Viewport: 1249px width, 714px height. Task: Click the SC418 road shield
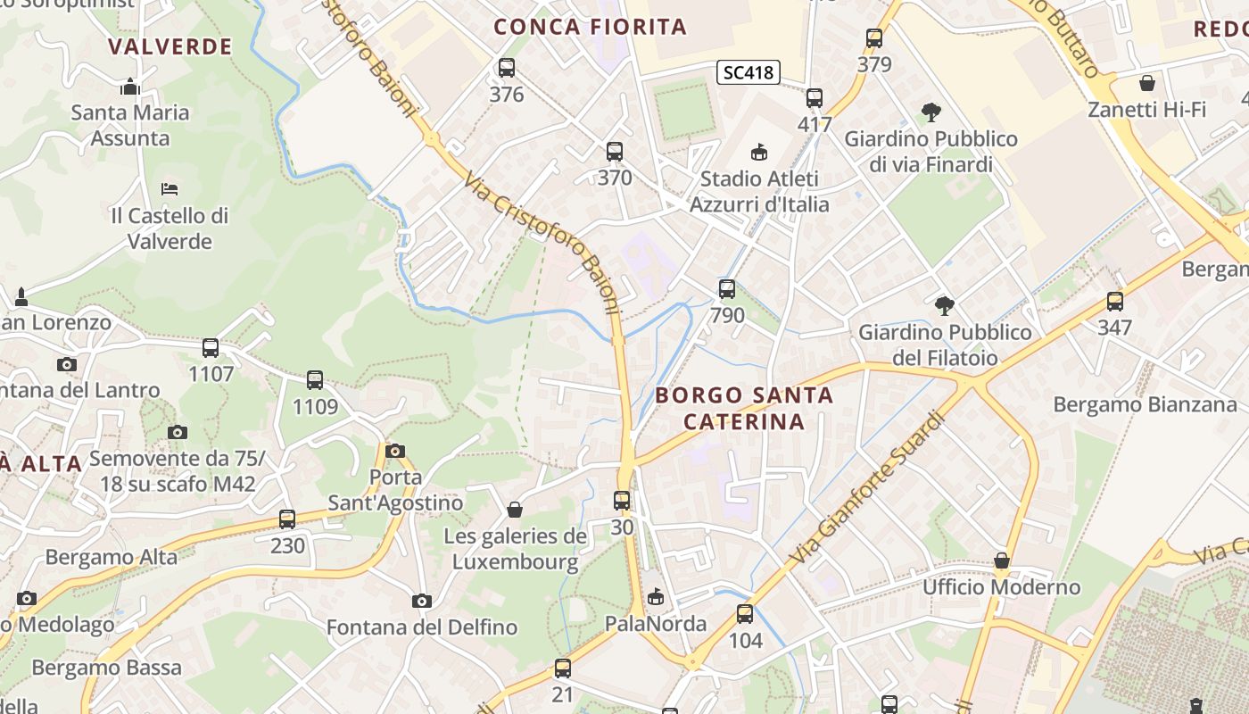(748, 72)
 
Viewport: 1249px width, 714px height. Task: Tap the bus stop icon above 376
(507, 68)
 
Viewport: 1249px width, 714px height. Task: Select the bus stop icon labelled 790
(727, 289)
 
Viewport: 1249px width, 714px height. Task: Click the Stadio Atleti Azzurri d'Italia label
(759, 191)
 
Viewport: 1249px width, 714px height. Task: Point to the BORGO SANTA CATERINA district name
(744, 408)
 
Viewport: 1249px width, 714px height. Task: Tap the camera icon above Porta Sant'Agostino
(395, 451)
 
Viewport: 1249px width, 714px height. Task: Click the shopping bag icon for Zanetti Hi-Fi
(1146, 84)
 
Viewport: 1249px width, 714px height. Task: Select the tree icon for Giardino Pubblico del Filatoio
(945, 306)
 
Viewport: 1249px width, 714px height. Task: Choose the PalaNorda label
(656, 624)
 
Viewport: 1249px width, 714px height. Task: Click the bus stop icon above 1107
(211, 348)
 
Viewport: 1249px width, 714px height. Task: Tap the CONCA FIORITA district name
(591, 27)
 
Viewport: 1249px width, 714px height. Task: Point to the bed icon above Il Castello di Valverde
(170, 189)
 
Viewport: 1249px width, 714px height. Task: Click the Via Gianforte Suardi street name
(866, 487)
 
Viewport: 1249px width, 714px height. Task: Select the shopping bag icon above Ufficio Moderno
(1002, 561)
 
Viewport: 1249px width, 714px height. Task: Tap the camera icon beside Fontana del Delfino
(422, 601)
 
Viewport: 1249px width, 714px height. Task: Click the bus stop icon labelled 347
(1114, 302)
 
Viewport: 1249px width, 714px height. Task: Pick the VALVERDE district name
(170, 46)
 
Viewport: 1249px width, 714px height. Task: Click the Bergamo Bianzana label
(1145, 404)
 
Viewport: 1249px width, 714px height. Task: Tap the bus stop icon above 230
(287, 519)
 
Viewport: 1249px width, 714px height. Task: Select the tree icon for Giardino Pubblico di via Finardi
(931, 112)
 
